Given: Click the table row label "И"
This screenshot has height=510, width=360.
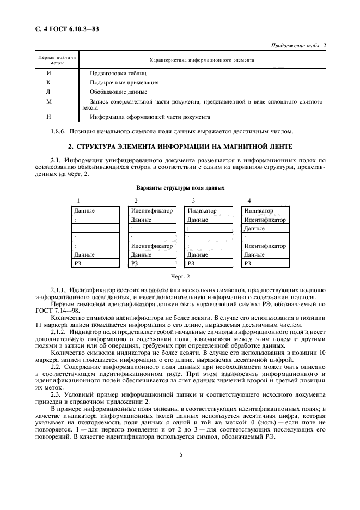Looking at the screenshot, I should (x=48, y=72).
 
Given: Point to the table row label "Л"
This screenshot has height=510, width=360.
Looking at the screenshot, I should (x=48, y=92).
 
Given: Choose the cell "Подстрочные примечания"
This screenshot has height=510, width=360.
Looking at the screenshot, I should (x=125, y=82).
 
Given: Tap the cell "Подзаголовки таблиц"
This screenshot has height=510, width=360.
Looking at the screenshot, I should (x=118, y=72).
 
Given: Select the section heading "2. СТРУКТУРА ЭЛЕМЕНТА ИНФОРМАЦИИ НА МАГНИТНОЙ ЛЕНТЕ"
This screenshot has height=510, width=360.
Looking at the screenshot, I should (x=180, y=147).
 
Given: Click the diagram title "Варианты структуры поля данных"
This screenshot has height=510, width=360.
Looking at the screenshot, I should (x=180, y=187).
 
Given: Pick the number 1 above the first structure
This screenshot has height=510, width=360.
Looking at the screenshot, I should (x=78, y=201).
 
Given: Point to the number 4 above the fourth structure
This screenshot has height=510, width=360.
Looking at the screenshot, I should (x=249, y=201).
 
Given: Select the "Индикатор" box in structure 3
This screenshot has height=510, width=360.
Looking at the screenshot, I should (x=208, y=211).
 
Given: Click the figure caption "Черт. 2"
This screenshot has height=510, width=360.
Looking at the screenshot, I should (x=180, y=277).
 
